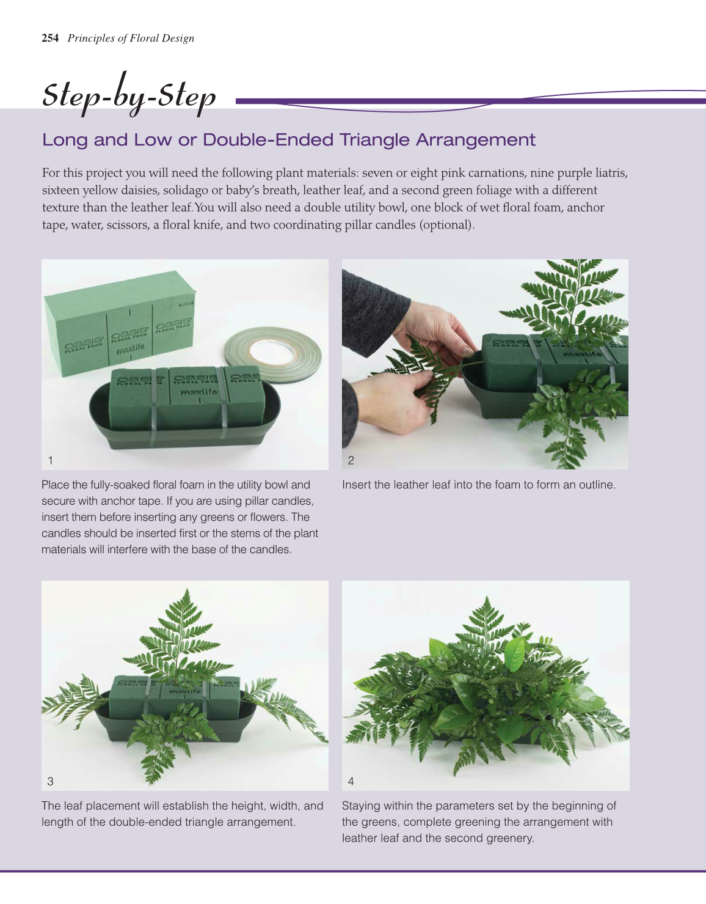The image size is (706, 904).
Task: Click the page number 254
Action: point(50,38)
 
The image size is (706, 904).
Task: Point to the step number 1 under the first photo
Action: point(50,460)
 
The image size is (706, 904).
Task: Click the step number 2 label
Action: point(351,460)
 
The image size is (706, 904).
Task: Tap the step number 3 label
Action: point(50,781)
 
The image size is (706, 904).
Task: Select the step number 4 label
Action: point(351,781)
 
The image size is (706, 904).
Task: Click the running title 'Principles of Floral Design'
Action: point(131,38)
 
